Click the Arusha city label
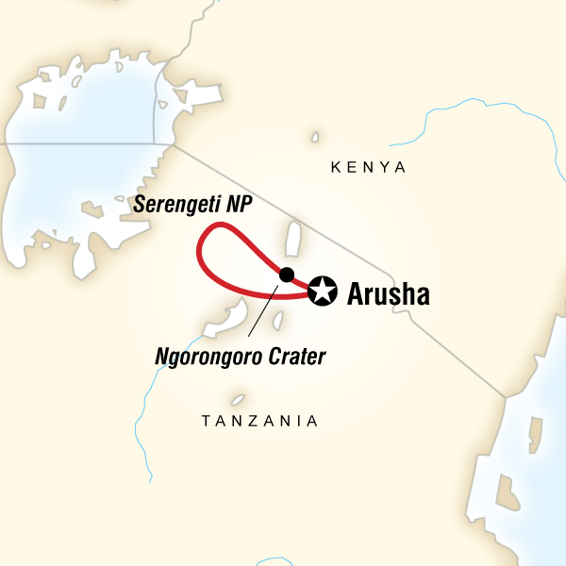389,294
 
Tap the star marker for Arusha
323,291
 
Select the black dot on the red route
287,275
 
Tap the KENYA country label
368,168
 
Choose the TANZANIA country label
260,421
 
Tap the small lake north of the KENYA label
314,138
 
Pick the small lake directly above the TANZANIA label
239,400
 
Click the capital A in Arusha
356,294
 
